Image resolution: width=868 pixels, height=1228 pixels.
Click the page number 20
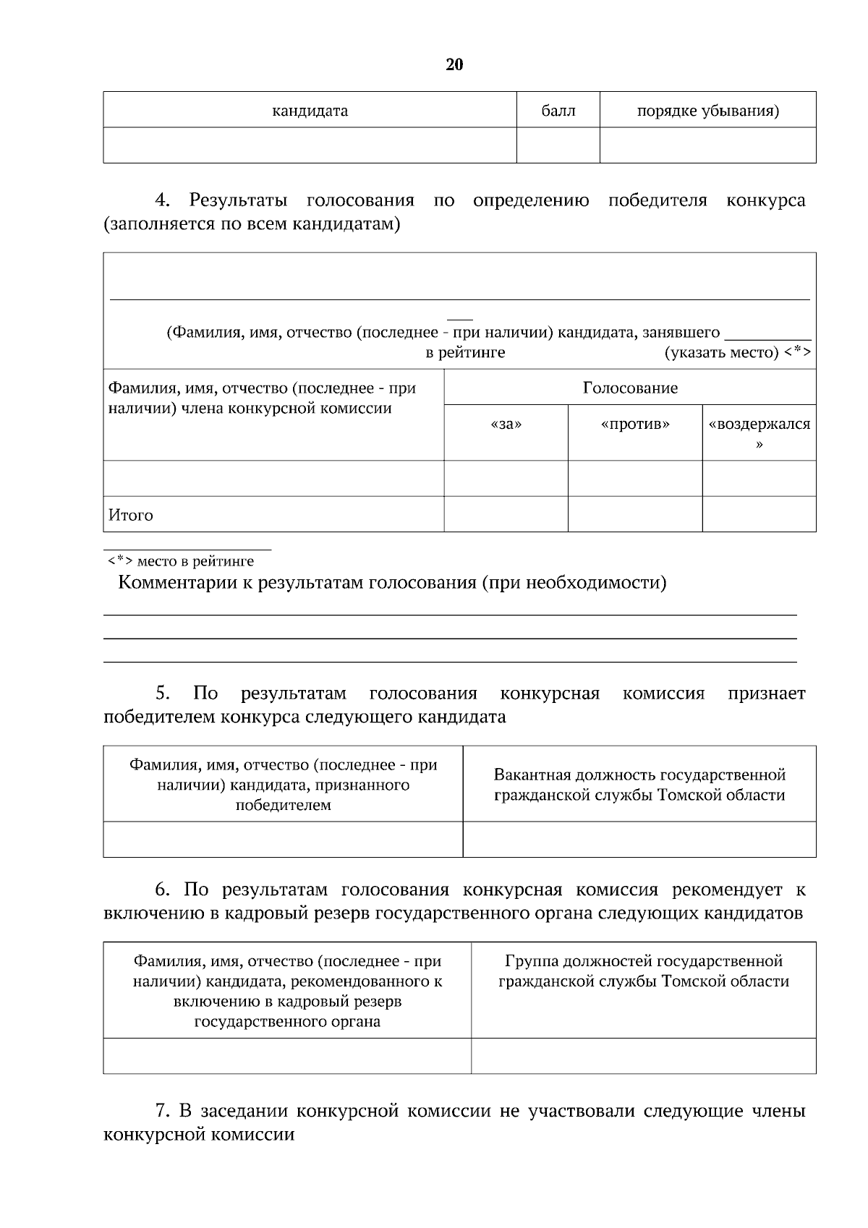[x=454, y=65]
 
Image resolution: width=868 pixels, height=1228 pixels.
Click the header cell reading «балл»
[x=558, y=111]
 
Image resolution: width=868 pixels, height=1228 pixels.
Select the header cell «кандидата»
[x=310, y=111]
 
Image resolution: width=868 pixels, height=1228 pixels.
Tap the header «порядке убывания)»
[x=707, y=111]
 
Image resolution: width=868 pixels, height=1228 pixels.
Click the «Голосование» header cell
[x=630, y=388]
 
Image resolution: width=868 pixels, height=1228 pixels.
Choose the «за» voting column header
[x=506, y=425]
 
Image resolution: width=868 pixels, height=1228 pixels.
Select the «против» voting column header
[x=635, y=425]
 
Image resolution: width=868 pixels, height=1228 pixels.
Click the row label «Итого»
[x=131, y=516]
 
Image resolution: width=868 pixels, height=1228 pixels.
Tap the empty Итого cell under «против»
[x=635, y=514]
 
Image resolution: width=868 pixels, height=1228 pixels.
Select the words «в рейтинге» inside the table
[x=465, y=353]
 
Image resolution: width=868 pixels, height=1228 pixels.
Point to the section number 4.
[x=162, y=200]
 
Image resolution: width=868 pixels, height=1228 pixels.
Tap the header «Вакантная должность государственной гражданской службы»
[x=639, y=785]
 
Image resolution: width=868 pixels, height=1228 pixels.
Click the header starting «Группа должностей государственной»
[x=644, y=971]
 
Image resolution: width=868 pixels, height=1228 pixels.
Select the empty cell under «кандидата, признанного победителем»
[x=283, y=840]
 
